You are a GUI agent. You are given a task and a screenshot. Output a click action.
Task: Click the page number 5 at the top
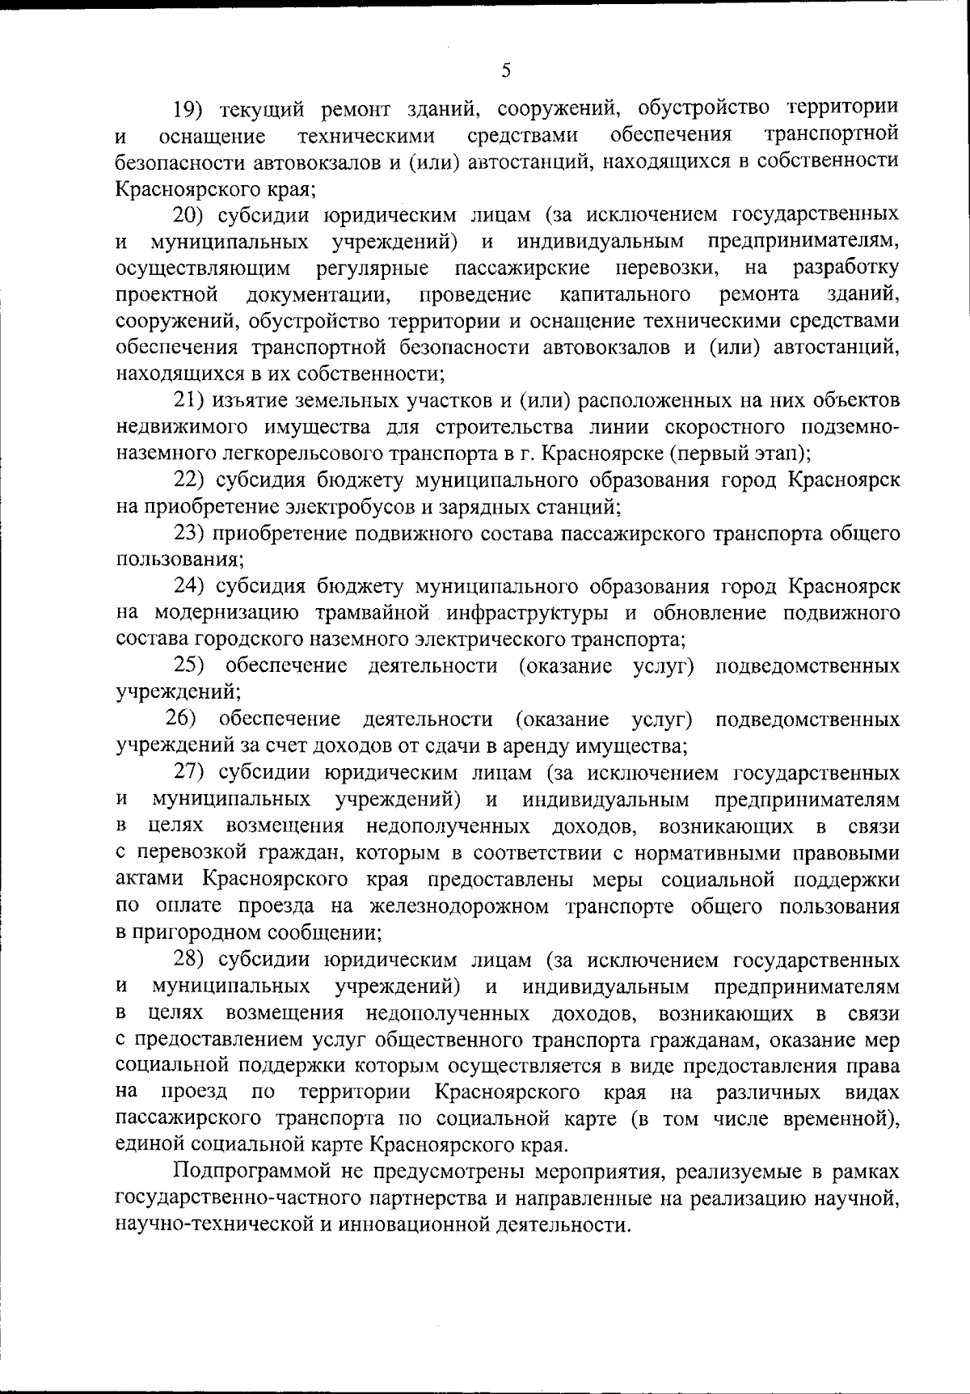505,70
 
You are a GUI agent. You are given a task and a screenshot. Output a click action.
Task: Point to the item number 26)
183,719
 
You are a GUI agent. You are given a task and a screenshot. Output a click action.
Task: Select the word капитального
625,294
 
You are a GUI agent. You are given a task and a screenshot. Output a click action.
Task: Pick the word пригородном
204,933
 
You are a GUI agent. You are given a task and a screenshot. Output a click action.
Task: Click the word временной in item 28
838,1120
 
